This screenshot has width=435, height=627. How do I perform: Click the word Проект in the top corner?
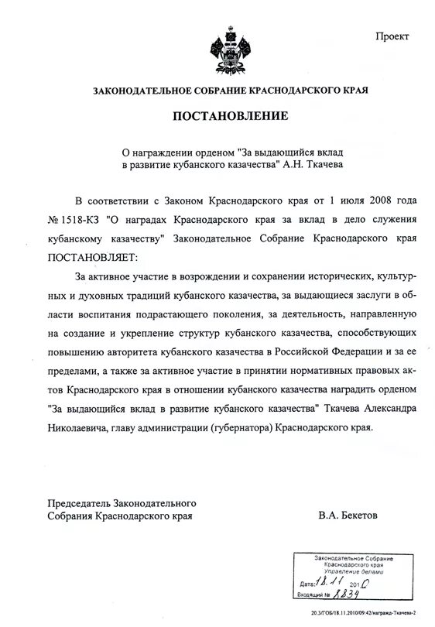pos(394,37)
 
